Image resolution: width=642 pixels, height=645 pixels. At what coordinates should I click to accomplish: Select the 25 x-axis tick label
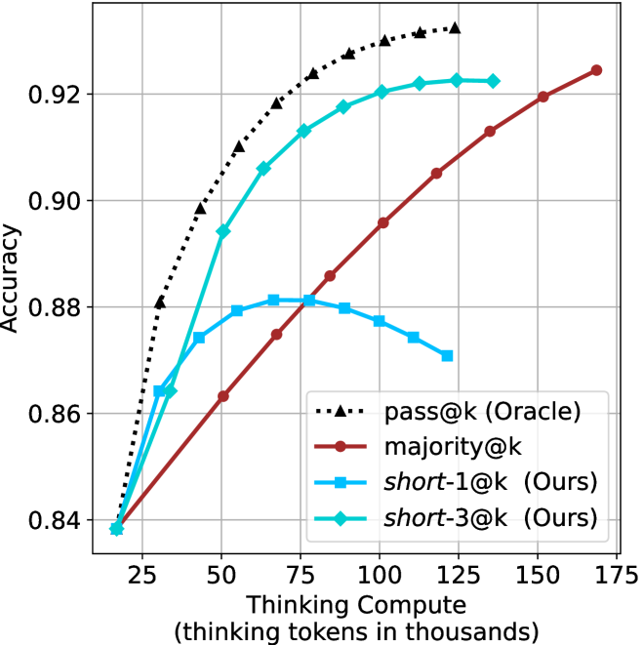(x=141, y=571)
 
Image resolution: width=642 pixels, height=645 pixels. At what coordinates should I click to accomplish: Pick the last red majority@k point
(x=596, y=70)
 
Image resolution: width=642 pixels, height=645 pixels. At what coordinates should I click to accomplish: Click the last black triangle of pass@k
(x=455, y=28)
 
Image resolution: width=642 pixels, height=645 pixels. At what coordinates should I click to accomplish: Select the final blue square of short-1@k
(x=447, y=356)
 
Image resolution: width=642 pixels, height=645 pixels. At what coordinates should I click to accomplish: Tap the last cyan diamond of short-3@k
(x=493, y=81)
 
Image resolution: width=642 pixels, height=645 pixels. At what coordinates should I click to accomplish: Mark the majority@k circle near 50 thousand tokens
(x=222, y=396)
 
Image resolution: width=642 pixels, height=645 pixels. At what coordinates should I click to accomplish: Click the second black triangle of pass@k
(x=159, y=302)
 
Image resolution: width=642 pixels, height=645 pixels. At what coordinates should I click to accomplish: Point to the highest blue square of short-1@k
(x=273, y=300)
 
